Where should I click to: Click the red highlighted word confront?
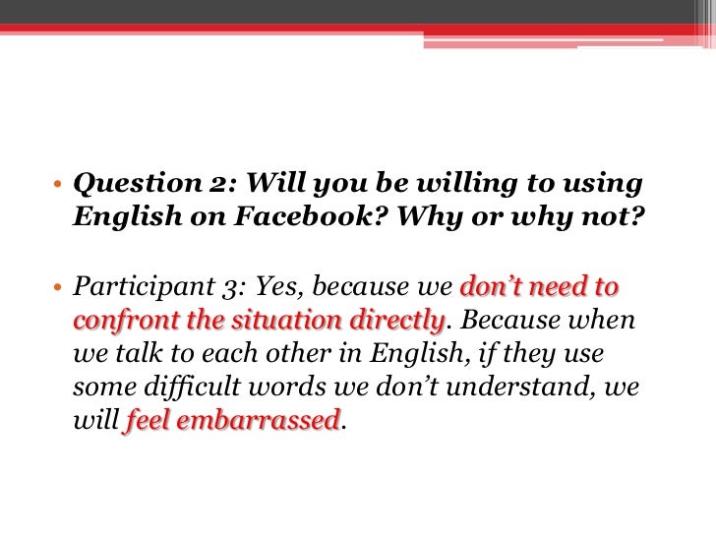point(119,321)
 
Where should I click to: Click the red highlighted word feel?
point(149,421)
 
